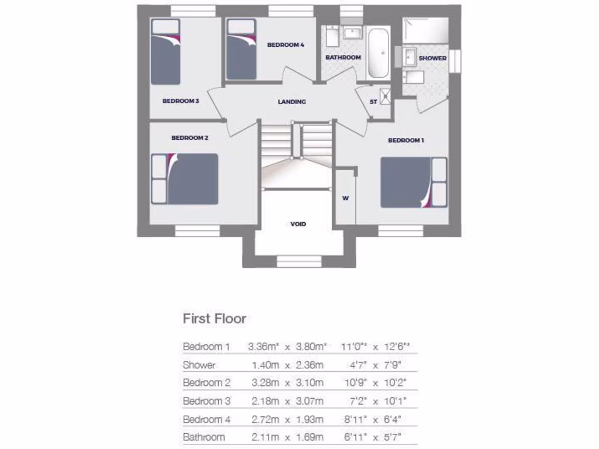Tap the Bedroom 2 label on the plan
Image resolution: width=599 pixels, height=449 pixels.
pos(190,138)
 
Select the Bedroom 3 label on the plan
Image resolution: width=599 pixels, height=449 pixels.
pos(181,101)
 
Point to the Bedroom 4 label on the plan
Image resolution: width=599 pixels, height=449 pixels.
pos(285,44)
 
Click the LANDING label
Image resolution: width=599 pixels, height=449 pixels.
pos(292,102)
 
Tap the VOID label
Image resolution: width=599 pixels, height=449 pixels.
pos(298,224)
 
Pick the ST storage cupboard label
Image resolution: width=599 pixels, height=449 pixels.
pos(373,102)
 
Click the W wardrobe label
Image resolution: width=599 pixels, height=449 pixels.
pos(345,198)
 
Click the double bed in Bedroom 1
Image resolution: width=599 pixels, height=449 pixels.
pos(414,182)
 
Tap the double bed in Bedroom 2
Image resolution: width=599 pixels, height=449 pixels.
pos(185,179)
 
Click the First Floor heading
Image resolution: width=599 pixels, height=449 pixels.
pos(214,319)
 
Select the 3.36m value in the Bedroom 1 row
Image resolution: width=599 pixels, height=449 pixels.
pos(262,347)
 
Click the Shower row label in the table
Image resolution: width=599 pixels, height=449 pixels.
pos(199,365)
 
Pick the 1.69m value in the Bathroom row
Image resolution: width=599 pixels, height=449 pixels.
pos(311,437)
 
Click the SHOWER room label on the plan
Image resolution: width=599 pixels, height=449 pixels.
pos(432,58)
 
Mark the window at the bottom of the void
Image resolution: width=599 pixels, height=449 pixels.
pos(299,261)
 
